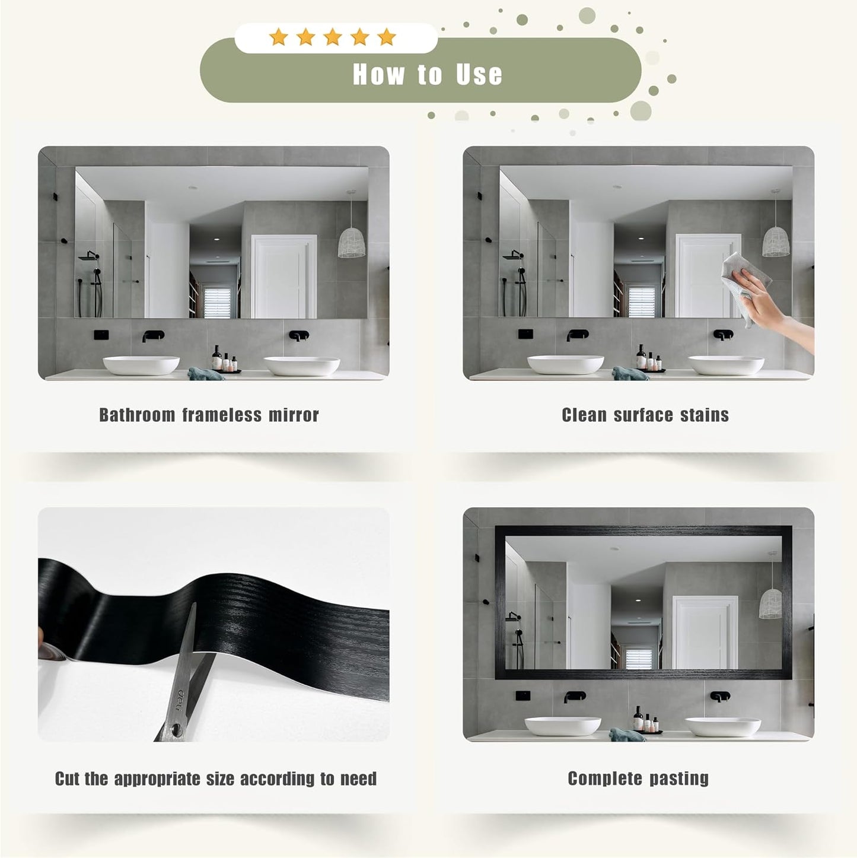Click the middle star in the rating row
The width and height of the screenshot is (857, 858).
333,37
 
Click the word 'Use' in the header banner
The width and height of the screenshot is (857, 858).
479,74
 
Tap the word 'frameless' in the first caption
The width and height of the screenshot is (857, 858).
222,415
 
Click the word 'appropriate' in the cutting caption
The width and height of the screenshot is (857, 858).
157,779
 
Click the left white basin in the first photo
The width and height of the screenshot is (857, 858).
141,365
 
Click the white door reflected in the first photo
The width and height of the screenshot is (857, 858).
284,276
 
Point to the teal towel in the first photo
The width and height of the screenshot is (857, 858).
205,374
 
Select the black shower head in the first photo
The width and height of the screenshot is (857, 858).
88,256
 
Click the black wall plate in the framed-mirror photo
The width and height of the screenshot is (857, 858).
523,695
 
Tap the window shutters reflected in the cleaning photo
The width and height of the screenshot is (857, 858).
642,301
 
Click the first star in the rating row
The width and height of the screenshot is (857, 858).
279,37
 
